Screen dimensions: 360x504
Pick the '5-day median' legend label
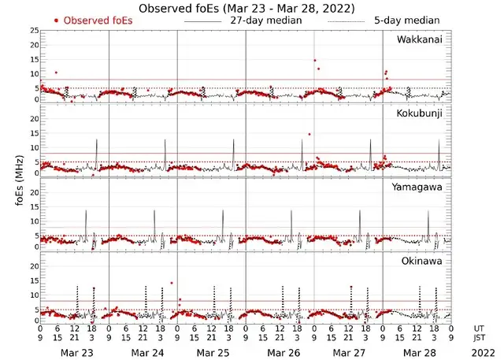407,20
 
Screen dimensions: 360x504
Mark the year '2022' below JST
480,352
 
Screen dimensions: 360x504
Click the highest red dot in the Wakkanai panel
315,60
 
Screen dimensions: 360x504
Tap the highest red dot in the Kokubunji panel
309,134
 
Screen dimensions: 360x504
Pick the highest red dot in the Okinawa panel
172,283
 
